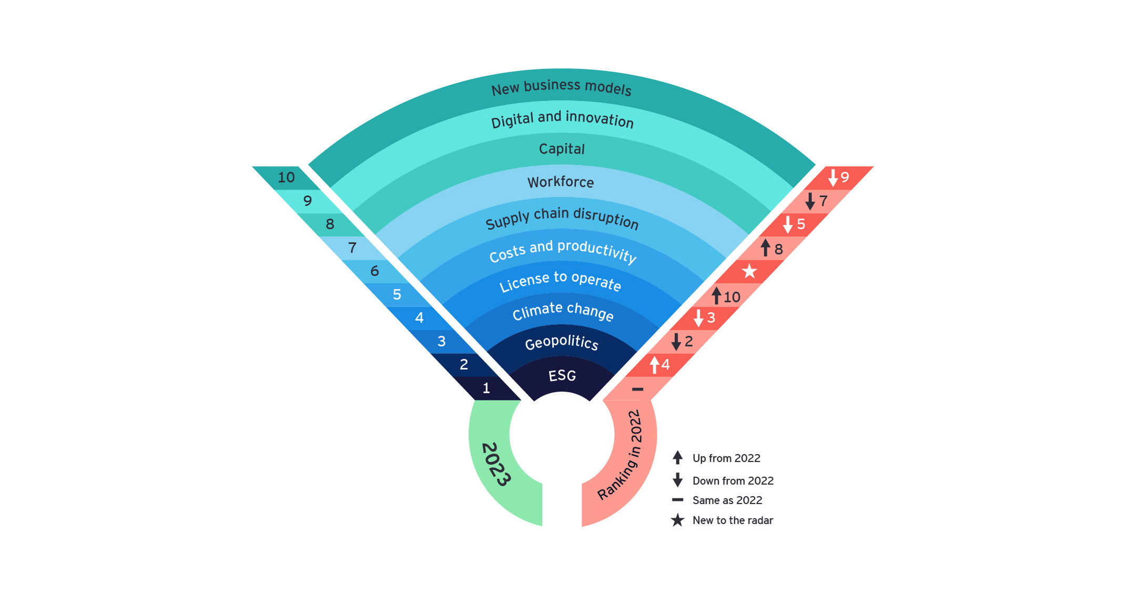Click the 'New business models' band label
coord(561,87)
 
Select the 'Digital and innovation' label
coord(562,119)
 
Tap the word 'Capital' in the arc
coord(562,149)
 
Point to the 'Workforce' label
coord(561,182)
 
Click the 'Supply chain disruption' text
coord(562,218)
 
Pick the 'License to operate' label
coord(560,281)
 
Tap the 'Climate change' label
coord(563,311)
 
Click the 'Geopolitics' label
coord(562,343)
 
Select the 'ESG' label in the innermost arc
coord(562,376)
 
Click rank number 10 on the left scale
coord(286,177)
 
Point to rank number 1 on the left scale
coord(486,388)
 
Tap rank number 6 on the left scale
coord(374,271)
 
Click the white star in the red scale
coord(749,271)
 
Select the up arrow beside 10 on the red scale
coord(716,296)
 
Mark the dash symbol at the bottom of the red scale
coord(637,389)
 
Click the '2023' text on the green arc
coord(495,464)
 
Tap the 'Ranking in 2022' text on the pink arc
coord(621,455)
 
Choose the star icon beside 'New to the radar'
coord(677,520)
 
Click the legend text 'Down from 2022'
coord(733,481)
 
